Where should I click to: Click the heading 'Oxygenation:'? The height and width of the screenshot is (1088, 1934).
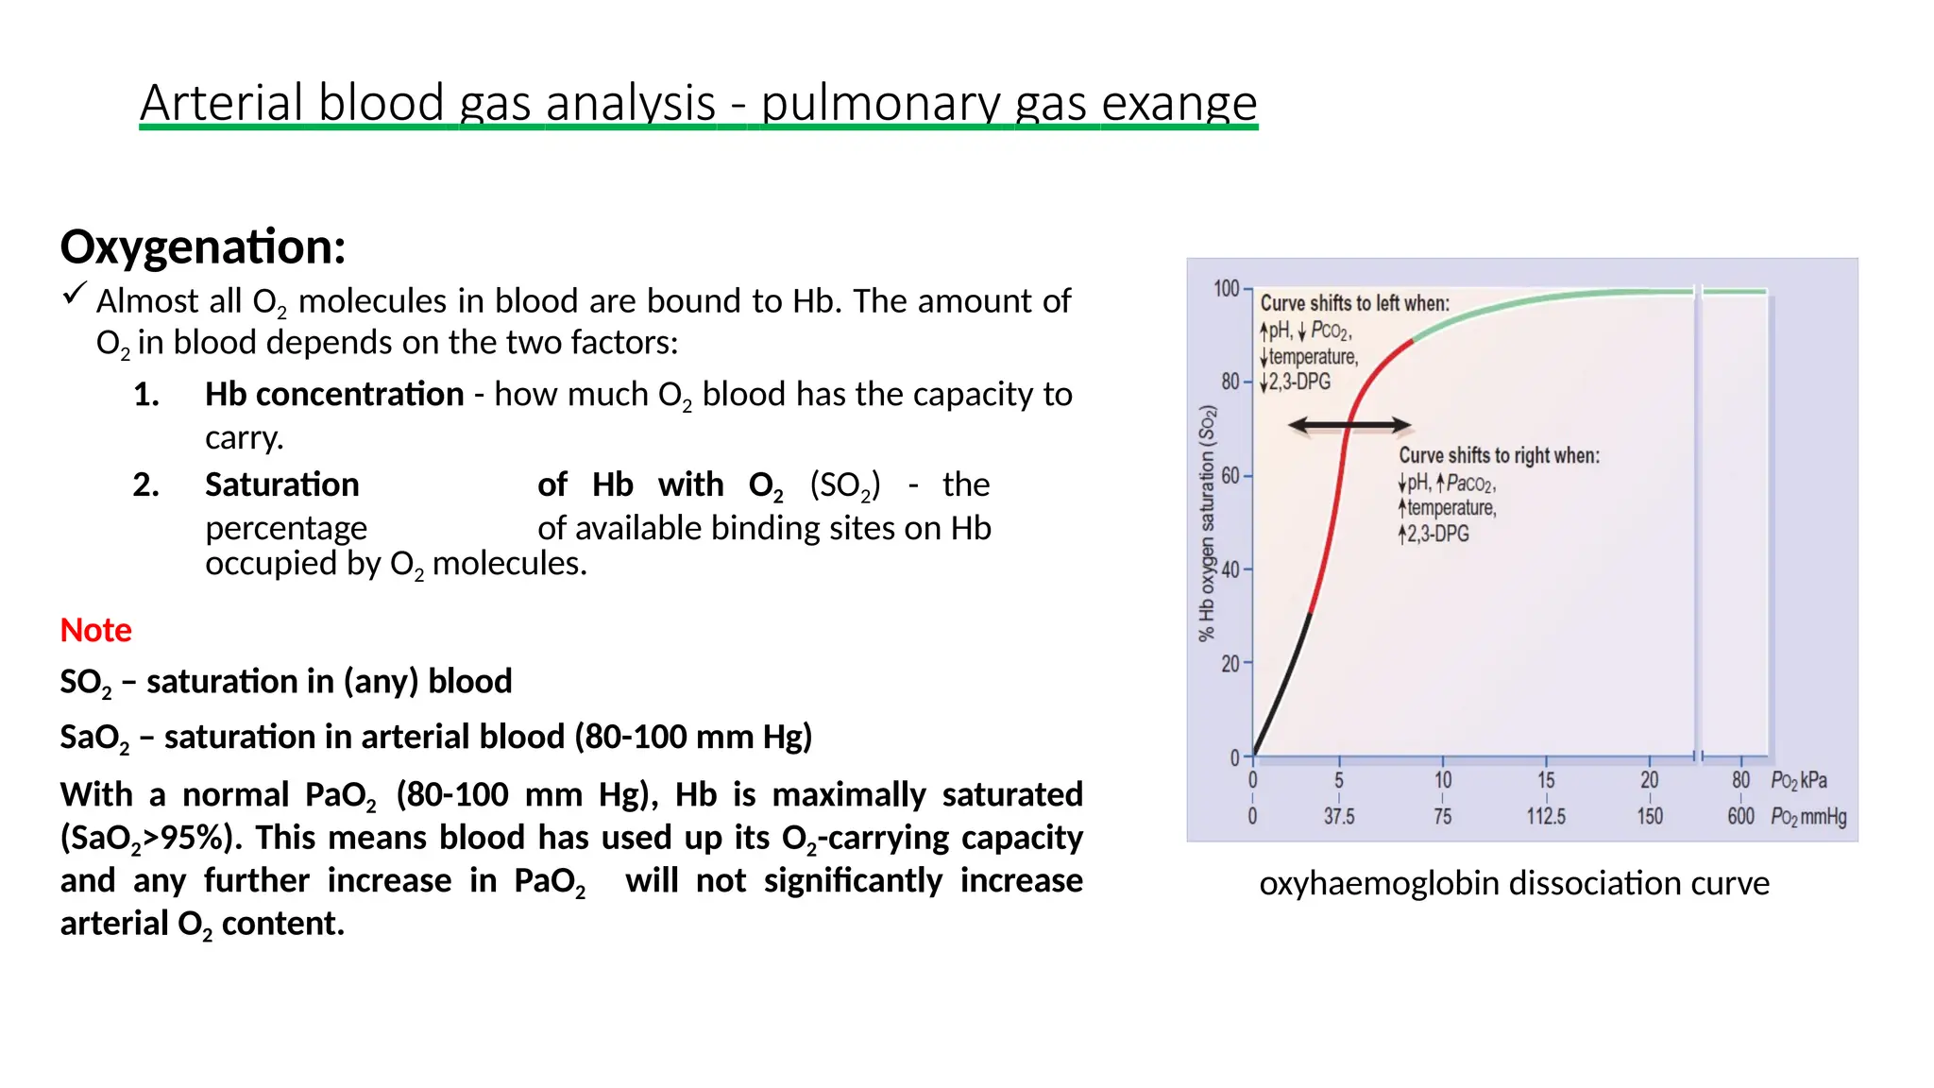pyautogui.click(x=203, y=246)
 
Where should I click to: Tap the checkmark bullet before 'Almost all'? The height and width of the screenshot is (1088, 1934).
pyautogui.click(x=74, y=294)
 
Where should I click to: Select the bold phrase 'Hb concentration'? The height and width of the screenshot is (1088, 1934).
pyautogui.click(x=334, y=394)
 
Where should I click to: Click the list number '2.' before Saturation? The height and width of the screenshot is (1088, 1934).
pyautogui.click(x=145, y=484)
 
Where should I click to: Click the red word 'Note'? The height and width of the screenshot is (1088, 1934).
pyautogui.click(x=95, y=630)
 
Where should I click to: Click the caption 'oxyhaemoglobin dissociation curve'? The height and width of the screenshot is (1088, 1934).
pyautogui.click(x=1514, y=883)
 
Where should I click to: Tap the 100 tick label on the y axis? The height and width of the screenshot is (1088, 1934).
pyautogui.click(x=1226, y=288)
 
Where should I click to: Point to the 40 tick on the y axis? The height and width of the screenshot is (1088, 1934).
pyautogui.click(x=1230, y=569)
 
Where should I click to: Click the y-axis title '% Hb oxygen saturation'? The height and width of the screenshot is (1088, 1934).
pyautogui.click(x=1206, y=524)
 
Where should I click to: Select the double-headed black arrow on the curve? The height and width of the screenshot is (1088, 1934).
pyautogui.click(x=1349, y=426)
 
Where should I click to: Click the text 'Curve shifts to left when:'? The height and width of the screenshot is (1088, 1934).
pyautogui.click(x=1354, y=303)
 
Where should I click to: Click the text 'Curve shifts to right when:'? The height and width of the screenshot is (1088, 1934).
pyautogui.click(x=1499, y=455)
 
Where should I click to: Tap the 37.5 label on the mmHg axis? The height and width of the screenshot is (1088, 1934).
pyautogui.click(x=1338, y=816)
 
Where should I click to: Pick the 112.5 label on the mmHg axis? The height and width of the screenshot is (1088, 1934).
pyautogui.click(x=1545, y=816)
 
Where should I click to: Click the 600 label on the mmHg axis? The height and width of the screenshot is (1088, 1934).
pyautogui.click(x=1739, y=816)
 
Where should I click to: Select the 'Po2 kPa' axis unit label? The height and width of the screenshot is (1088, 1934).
pyautogui.click(x=1798, y=780)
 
